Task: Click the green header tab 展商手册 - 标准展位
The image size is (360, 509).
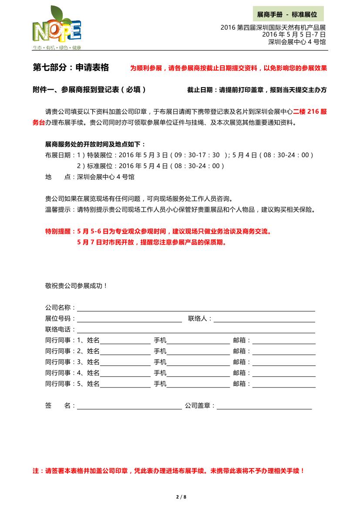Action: click(288, 14)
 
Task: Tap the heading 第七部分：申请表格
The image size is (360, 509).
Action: click(71, 67)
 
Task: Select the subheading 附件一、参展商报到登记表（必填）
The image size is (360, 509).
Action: click(90, 90)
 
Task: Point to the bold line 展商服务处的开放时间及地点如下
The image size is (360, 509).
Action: click(95, 144)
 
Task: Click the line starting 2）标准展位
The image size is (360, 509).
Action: click(151, 166)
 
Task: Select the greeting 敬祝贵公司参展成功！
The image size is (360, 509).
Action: click(76, 286)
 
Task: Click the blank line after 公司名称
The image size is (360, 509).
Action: click(196, 308)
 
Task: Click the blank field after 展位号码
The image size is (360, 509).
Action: click(129, 319)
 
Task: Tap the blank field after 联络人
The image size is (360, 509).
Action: click(264, 319)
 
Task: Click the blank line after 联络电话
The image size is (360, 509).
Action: click(196, 330)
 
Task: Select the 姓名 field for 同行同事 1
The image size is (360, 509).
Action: click(125, 341)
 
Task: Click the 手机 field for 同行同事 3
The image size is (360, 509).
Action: click(198, 363)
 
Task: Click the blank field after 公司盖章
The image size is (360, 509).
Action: click(264, 406)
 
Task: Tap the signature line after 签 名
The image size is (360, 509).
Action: click(129, 406)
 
